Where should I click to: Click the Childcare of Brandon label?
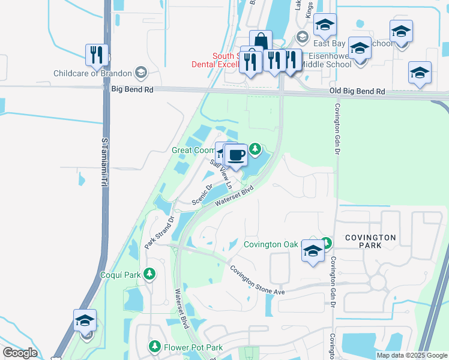[92, 73]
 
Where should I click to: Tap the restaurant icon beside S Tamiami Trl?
[96, 55]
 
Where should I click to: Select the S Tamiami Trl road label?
[105, 161]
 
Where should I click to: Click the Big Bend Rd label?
[132, 89]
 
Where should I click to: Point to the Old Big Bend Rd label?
[357, 92]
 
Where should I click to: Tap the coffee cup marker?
[236, 155]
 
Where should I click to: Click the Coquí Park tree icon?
[149, 275]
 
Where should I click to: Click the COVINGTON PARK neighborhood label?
[370, 242]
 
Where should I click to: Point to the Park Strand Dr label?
[158, 233]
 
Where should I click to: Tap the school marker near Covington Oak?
[313, 251]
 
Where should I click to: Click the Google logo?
[20, 353]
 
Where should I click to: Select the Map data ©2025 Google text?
[412, 355]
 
